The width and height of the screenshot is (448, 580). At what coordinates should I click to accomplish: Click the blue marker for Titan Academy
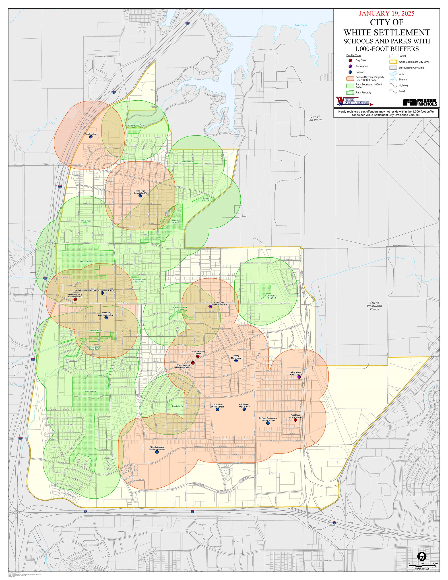point(91,137)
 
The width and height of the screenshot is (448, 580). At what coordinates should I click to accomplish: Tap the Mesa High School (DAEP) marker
point(140,196)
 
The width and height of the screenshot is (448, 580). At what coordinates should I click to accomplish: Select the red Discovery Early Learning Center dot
point(75,299)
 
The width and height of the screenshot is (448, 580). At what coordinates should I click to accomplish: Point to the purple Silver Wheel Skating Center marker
point(299,377)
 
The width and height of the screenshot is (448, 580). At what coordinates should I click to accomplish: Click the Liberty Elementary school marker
point(236,361)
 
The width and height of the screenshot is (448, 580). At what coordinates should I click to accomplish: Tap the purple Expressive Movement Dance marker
point(210,307)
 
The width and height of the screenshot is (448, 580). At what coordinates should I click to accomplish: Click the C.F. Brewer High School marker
point(244,409)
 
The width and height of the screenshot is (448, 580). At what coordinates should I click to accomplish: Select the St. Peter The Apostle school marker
point(268,423)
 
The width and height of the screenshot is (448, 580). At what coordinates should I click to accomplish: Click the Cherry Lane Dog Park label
point(272,297)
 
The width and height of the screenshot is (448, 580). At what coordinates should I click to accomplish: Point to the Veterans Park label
point(85,262)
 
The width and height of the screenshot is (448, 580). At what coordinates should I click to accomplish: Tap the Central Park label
point(91,391)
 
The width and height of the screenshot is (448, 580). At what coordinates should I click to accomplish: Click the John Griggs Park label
point(136,125)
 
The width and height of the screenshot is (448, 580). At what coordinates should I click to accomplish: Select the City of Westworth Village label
point(374,306)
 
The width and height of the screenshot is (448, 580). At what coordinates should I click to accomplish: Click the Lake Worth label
point(301,25)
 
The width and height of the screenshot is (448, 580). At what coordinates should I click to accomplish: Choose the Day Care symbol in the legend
point(350,60)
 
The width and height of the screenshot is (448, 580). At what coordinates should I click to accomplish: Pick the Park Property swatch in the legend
point(350,92)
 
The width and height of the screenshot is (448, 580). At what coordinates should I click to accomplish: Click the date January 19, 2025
point(386,14)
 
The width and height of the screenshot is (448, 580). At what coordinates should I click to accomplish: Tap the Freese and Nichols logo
point(420,102)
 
